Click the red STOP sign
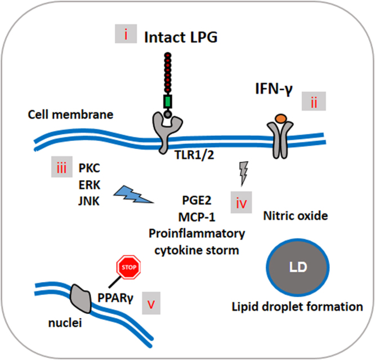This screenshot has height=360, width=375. tap(128, 267)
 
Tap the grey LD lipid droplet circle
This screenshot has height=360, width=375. tap(298, 268)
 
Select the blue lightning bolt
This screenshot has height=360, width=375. tap(133, 194)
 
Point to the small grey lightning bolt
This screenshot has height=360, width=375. tap(244, 174)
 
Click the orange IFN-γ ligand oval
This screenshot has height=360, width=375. tap(281, 118)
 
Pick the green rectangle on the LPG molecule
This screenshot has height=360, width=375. tap(168, 101)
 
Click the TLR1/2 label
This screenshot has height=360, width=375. tap(194, 155)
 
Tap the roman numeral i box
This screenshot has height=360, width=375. tap(126, 34)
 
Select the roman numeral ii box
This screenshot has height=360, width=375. tap(314, 101)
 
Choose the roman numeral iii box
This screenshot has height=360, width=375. tap(62, 167)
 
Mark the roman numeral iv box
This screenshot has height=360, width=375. tap(242, 202)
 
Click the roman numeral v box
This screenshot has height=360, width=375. tap(151, 303)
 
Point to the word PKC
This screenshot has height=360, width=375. tap(89, 168)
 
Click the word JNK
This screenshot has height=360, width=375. tap(89, 201)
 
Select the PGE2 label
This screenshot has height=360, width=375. tap(197, 200)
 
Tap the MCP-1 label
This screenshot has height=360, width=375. tap(197, 217)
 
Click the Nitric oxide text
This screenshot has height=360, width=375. tap(296, 216)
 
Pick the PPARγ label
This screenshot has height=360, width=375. tap(115, 298)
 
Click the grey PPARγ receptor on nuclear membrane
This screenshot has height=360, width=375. tap(81, 299)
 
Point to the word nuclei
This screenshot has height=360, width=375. tap(65, 323)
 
